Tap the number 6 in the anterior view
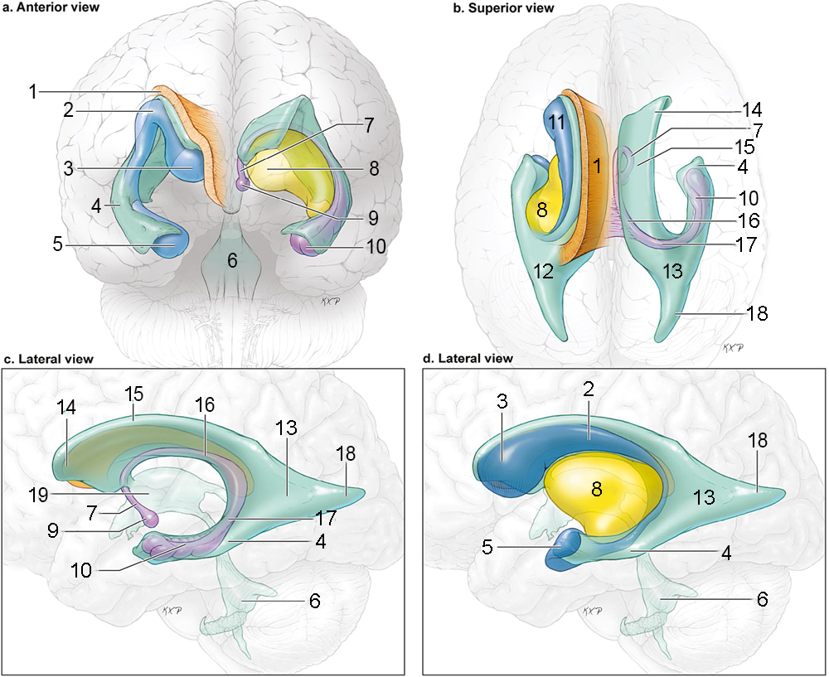[233, 260]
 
